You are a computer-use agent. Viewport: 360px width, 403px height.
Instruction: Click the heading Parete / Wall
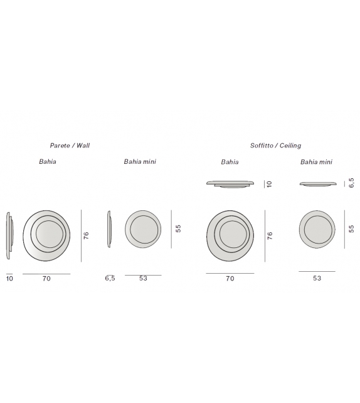[x=70, y=145]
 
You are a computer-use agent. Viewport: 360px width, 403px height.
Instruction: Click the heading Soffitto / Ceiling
[x=275, y=145]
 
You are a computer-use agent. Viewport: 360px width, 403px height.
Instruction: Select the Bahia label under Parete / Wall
[x=47, y=161]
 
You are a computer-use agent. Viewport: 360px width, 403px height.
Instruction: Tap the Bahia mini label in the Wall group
[x=140, y=161]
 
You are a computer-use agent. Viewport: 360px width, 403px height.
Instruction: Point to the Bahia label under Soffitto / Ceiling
[x=230, y=161]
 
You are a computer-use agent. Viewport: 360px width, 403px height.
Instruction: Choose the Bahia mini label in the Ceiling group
[x=317, y=161]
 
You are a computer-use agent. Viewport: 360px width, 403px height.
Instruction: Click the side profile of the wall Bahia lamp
[x=9, y=234]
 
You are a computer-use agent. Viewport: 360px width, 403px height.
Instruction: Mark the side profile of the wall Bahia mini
[x=109, y=229]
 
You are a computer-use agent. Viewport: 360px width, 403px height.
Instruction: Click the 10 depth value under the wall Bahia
[x=9, y=279]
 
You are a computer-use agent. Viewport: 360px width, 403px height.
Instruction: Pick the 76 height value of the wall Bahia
[x=87, y=235]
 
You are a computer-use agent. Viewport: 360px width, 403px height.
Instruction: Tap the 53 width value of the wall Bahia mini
[x=143, y=279]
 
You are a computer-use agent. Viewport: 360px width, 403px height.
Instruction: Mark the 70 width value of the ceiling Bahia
[x=230, y=279]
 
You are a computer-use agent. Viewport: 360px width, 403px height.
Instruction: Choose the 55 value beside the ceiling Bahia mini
[x=351, y=229]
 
